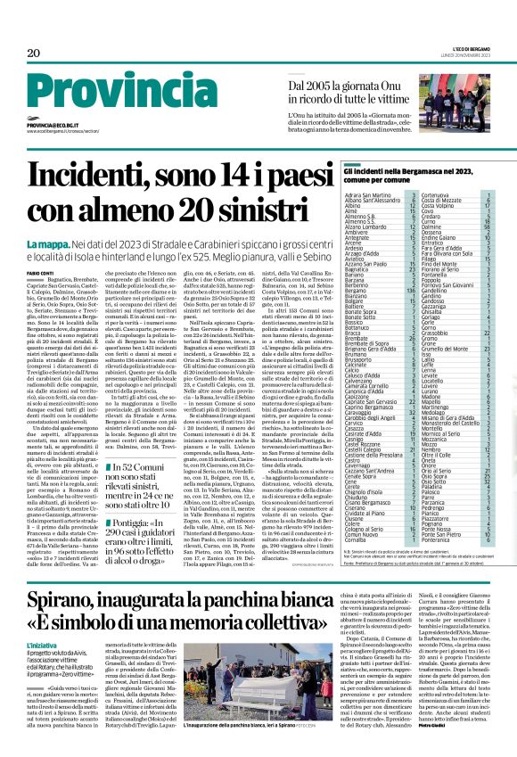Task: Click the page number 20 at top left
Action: point(33,53)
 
